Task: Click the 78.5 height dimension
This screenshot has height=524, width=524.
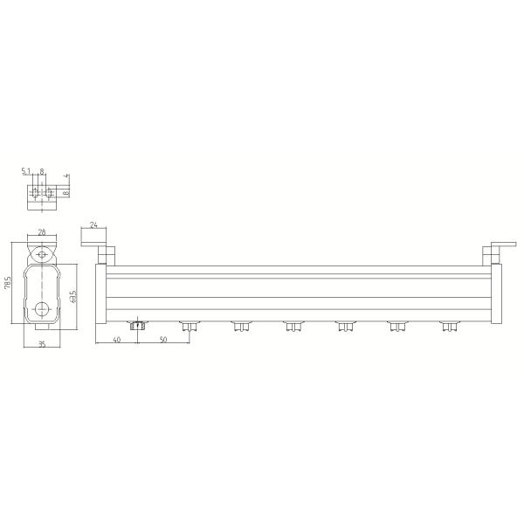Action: tap(7, 284)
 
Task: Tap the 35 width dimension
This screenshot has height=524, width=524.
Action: tap(41, 345)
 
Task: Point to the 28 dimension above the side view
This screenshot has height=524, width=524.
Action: tap(41, 233)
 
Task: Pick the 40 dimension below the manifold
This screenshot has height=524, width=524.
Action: tap(116, 341)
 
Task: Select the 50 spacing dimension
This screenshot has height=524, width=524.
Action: tap(163, 341)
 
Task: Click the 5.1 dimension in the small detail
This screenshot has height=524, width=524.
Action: tap(27, 172)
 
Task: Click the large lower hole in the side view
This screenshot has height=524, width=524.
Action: tap(41, 308)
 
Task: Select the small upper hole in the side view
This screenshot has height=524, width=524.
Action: tap(41, 256)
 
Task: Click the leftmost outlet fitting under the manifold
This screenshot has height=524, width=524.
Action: tap(136, 327)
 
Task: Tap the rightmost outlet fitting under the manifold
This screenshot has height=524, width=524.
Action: tap(450, 327)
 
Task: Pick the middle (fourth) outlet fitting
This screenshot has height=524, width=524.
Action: tap(293, 327)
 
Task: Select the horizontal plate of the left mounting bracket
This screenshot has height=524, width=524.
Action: tap(93, 237)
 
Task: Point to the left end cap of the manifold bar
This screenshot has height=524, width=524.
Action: tap(101, 293)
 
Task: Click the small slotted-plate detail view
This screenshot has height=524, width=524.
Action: tap(42, 194)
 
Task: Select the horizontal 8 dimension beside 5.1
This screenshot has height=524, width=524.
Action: tap(42, 172)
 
